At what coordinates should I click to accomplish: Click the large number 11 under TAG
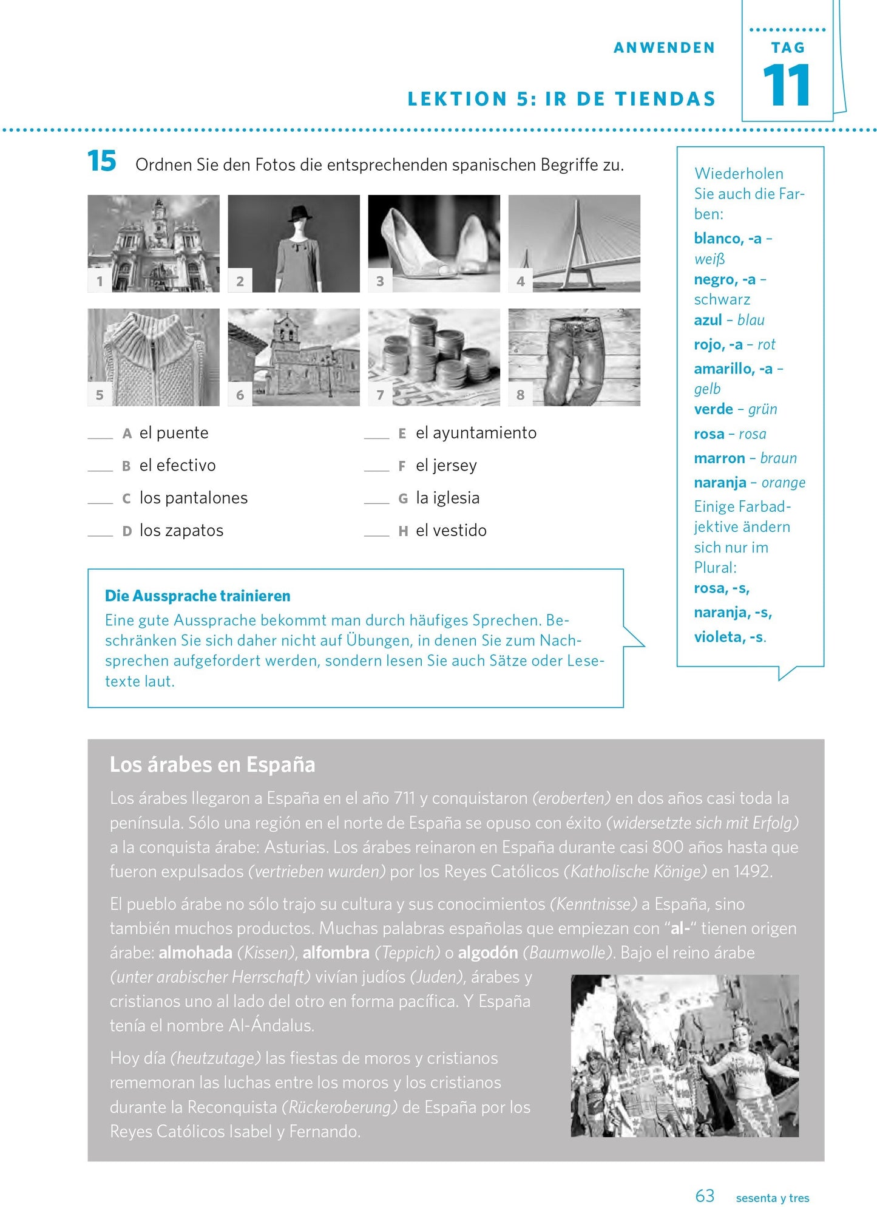(x=787, y=86)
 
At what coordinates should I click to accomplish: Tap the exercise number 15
(x=101, y=161)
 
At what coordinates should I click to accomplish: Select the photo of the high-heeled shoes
(x=434, y=243)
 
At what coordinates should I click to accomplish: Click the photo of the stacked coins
(x=434, y=357)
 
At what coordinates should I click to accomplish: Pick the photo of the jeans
(x=574, y=357)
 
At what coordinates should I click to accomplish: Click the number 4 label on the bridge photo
(x=520, y=281)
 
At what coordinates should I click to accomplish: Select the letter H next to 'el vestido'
(x=403, y=531)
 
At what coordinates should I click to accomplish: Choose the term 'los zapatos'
(x=181, y=531)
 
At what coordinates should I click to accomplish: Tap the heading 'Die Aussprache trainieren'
(x=197, y=596)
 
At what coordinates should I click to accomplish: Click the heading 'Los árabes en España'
(x=212, y=764)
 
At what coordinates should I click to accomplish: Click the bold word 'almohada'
(x=195, y=953)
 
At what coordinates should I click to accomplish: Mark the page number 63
(x=705, y=1195)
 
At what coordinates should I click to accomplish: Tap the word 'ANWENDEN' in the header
(x=664, y=48)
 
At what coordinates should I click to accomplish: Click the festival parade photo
(x=684, y=1055)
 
